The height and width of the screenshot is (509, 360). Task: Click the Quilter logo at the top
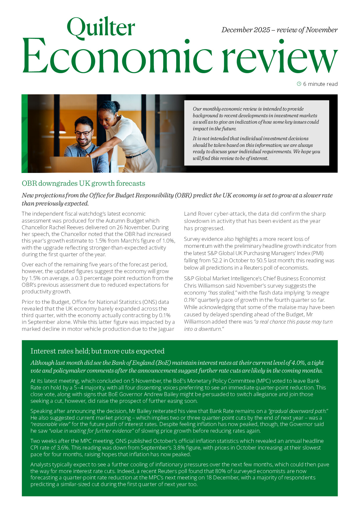[x=101, y=27]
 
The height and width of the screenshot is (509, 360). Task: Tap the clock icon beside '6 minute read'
[x=299, y=84]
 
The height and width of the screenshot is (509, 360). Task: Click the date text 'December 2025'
[x=246, y=30]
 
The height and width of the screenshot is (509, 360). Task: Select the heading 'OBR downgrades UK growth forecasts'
[x=83, y=183]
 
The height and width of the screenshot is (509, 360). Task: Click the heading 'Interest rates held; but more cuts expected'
[x=97, y=351]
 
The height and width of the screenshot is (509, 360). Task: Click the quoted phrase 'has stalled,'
[x=222, y=293]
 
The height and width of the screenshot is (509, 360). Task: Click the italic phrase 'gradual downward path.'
[x=298, y=411]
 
